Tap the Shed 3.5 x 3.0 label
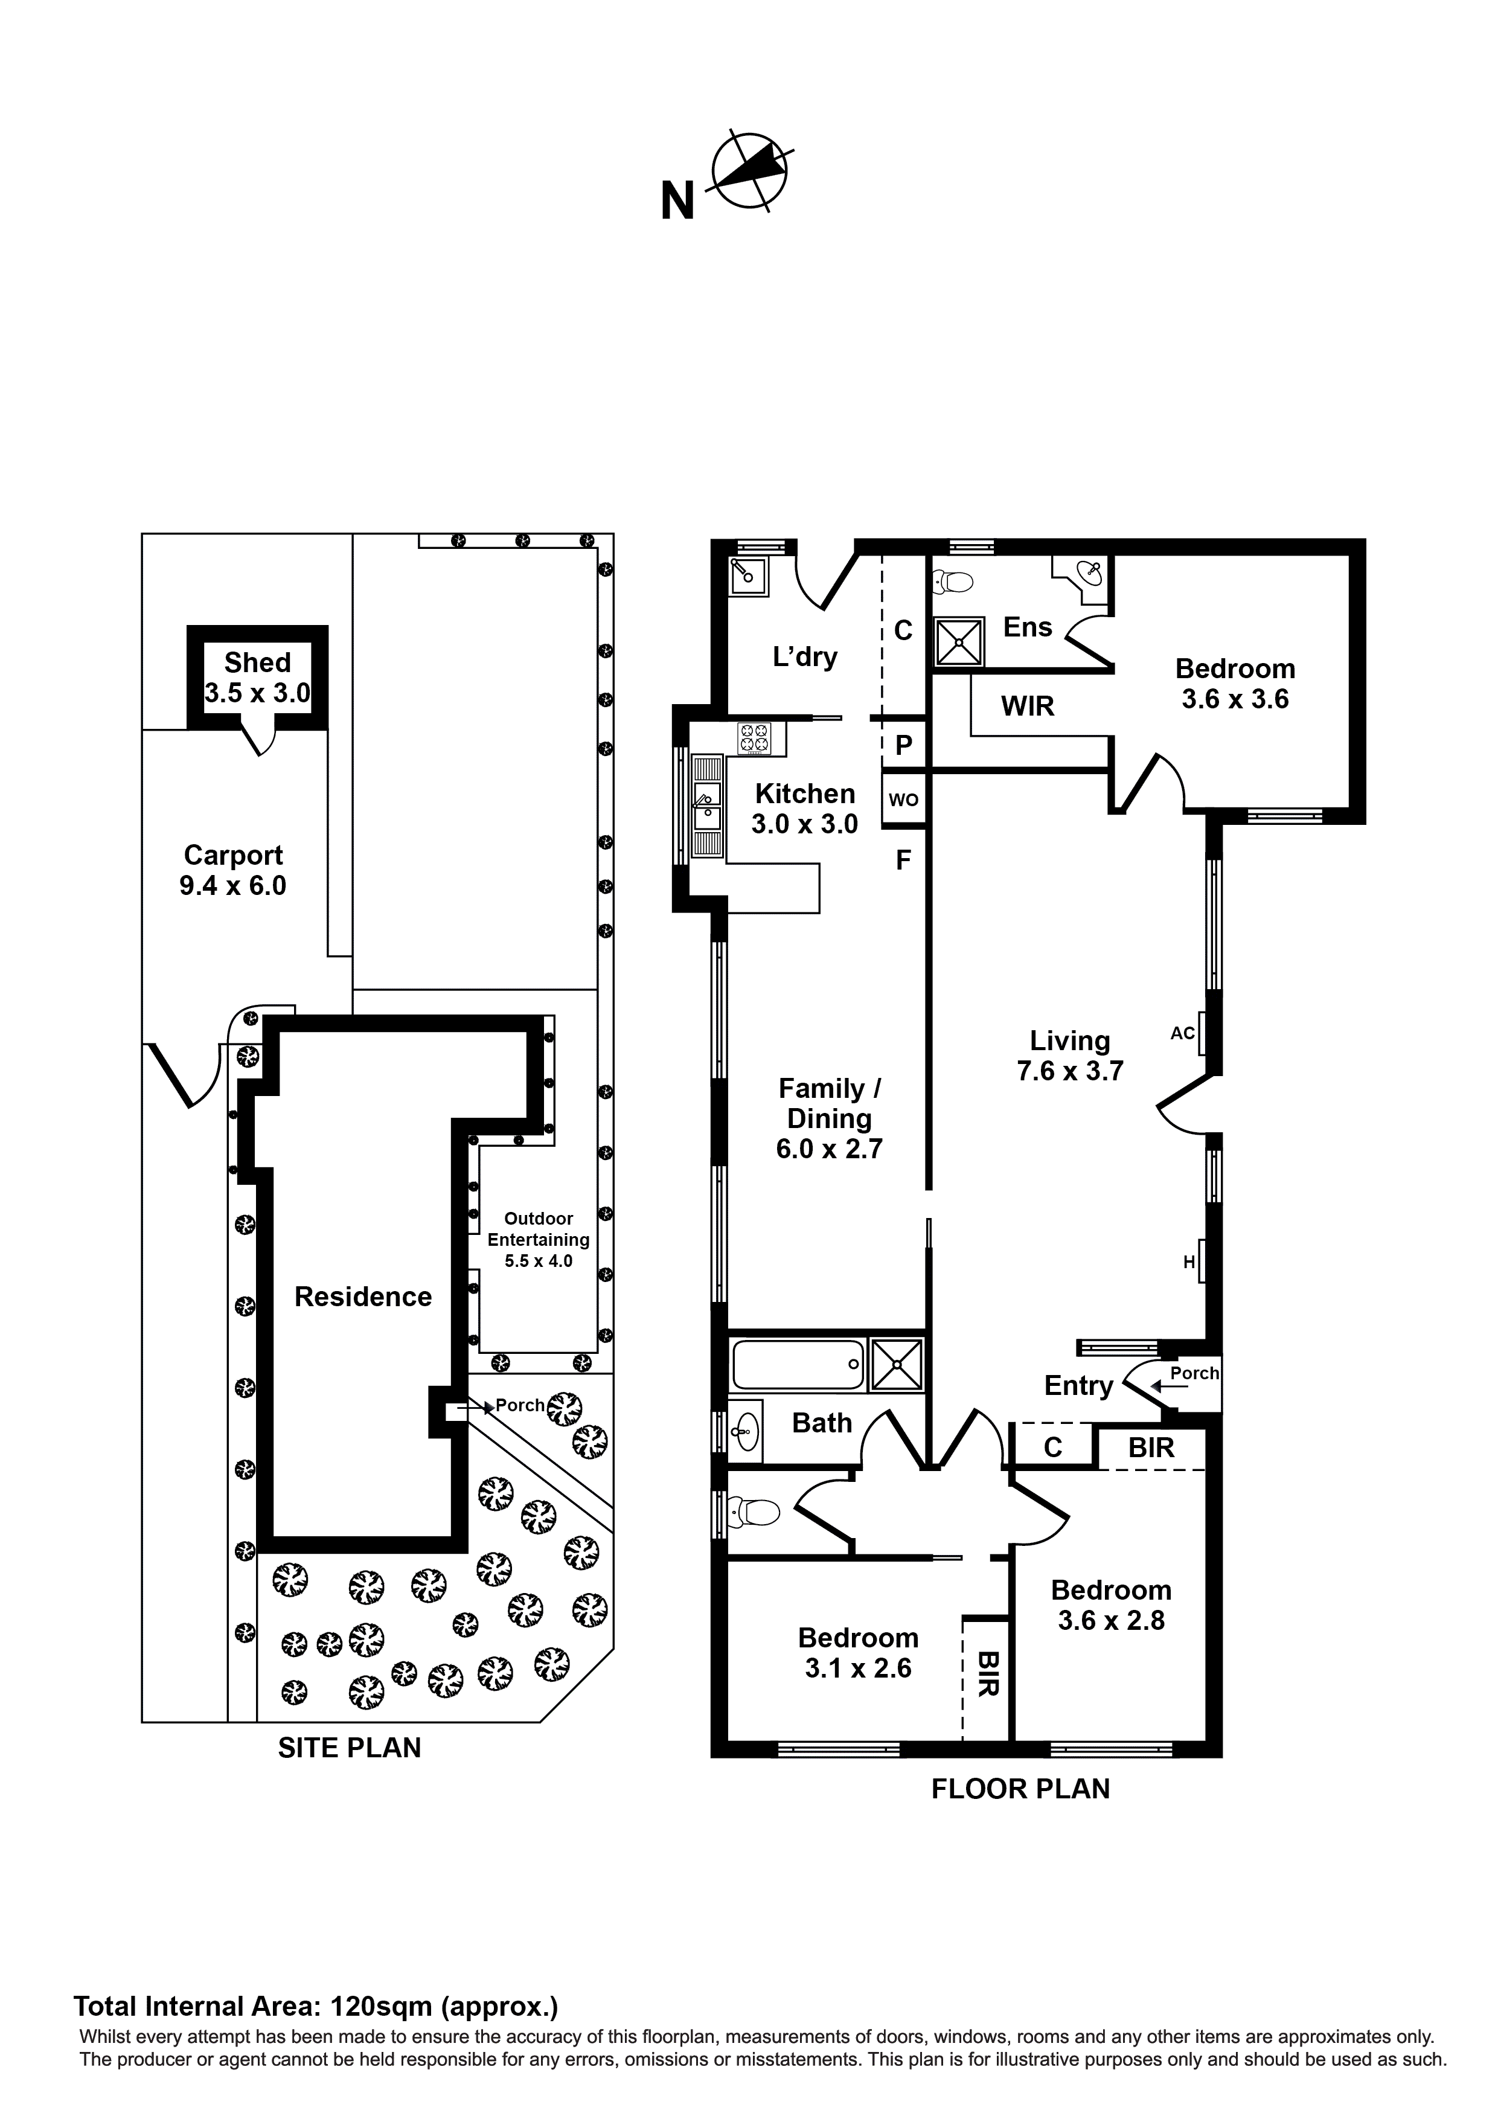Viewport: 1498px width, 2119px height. (257, 678)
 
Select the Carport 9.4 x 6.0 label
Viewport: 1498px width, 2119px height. (232, 870)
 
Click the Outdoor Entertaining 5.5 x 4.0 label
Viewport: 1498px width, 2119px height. (538, 1240)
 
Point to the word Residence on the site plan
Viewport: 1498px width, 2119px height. (363, 1297)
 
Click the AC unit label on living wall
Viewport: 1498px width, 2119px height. (1182, 1033)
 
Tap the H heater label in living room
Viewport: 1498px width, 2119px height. (1189, 1261)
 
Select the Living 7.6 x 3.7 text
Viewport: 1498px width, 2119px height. (1070, 1056)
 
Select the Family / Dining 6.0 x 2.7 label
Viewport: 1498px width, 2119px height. (829, 1118)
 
